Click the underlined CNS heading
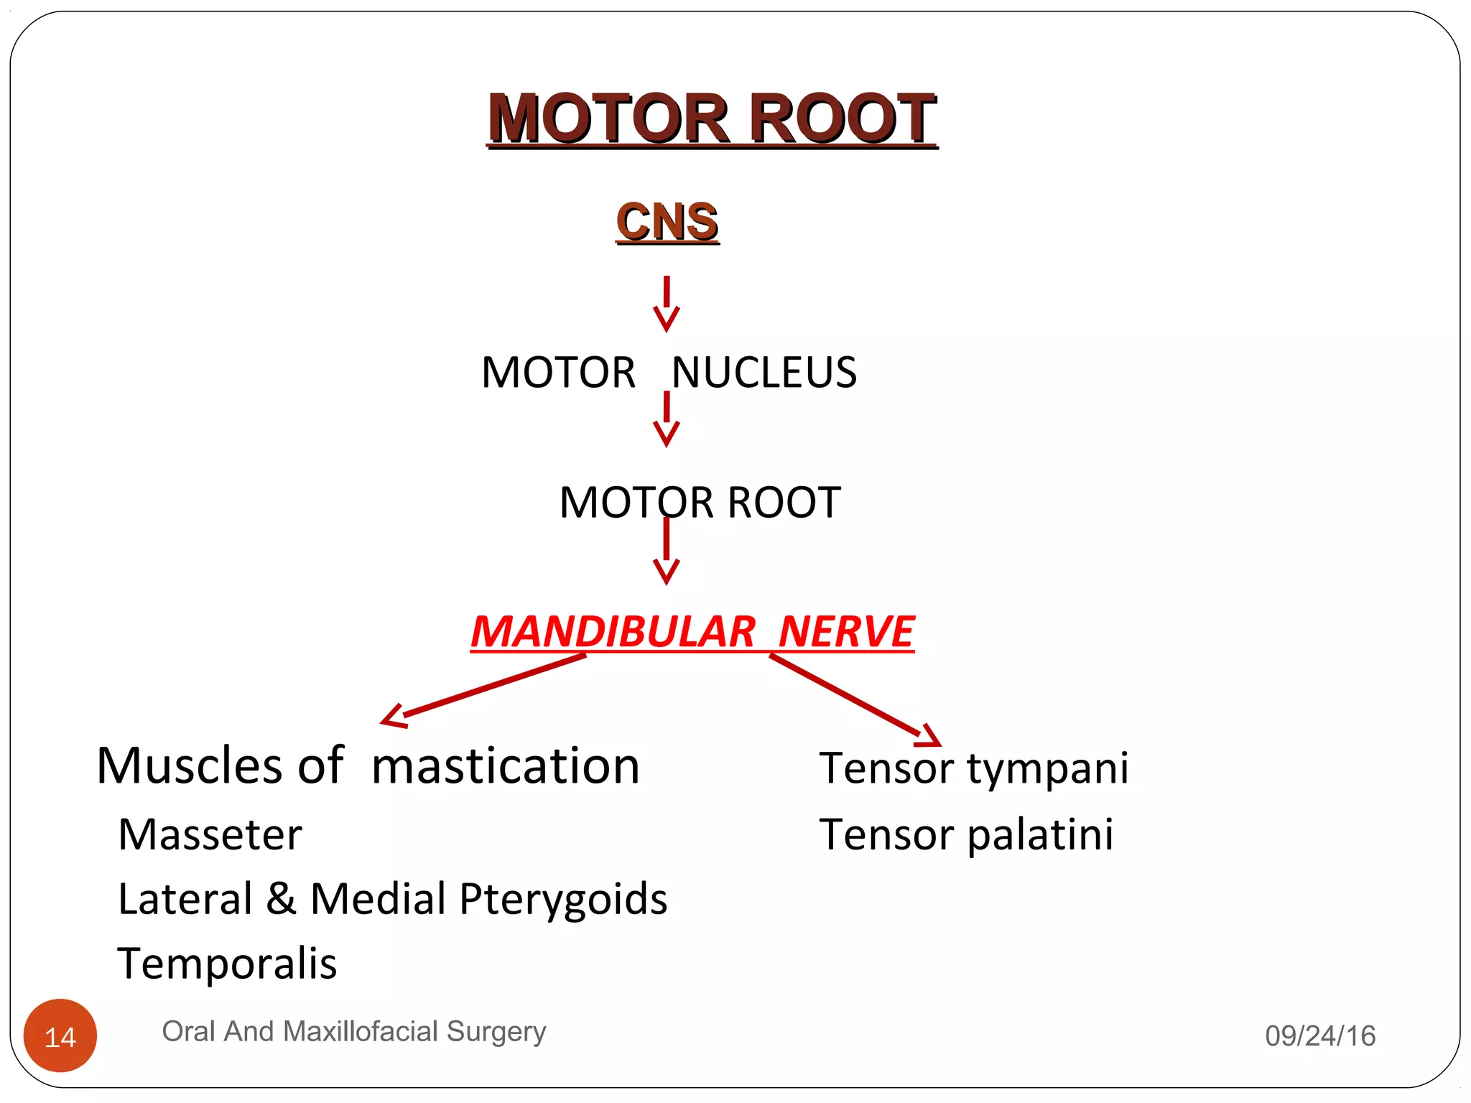[667, 222]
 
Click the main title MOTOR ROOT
[712, 118]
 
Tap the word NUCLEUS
[764, 373]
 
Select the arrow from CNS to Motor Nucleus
[667, 304]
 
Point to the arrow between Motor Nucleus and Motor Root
[667, 420]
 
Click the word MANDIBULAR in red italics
[613, 632]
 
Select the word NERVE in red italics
[846, 632]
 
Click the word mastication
[506, 766]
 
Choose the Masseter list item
[210, 835]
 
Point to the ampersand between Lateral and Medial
[281, 898]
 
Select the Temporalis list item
[227, 964]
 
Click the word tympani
[1048, 769]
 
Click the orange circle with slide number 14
[60, 1035]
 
